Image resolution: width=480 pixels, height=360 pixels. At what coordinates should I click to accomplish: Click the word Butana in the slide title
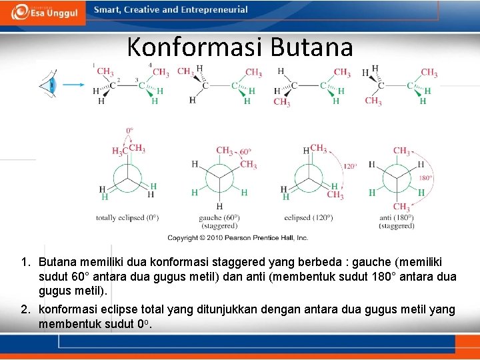click(311, 47)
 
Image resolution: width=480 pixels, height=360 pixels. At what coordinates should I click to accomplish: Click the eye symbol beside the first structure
click(47, 85)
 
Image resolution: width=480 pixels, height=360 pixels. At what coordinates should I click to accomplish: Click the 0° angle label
click(131, 130)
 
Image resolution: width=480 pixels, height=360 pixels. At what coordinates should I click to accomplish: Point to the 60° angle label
click(246, 151)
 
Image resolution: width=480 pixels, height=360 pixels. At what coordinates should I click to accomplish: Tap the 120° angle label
click(350, 166)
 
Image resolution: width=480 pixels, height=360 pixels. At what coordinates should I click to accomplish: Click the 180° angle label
click(425, 178)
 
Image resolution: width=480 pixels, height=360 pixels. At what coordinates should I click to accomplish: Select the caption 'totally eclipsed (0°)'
click(127, 218)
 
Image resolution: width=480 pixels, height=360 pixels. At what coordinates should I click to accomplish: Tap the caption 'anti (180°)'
click(397, 218)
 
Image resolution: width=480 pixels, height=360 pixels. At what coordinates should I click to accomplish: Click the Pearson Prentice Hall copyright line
click(237, 237)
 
